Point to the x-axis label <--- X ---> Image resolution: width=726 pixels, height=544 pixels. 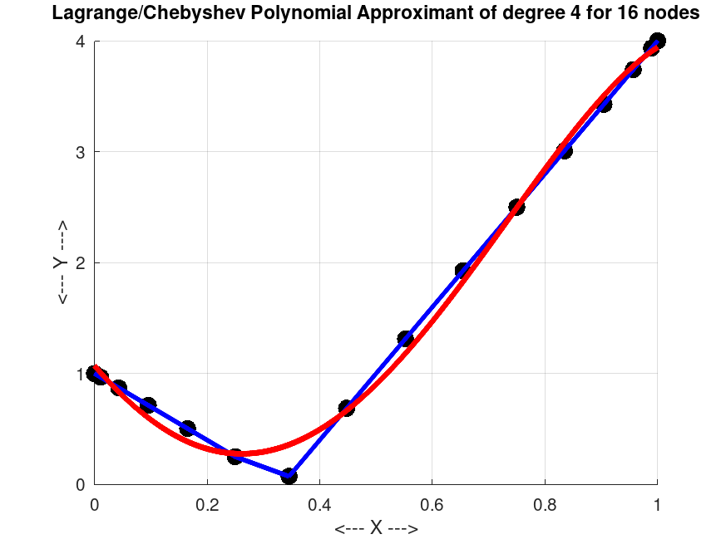point(376,529)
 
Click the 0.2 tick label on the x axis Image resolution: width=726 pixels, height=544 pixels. point(207,504)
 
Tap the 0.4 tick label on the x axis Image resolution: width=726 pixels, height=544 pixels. point(319,504)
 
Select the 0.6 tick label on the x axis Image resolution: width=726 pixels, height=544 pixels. point(432,504)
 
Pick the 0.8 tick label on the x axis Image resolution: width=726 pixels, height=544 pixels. point(545,504)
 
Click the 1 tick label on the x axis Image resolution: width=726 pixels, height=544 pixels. point(657,504)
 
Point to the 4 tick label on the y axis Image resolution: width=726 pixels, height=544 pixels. point(81,42)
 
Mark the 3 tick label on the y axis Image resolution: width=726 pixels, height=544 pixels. point(81,152)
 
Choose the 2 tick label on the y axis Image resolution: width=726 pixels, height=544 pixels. point(81,263)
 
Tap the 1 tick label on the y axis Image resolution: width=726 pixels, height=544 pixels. point(81,374)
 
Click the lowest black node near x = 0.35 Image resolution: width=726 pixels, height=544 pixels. point(289,476)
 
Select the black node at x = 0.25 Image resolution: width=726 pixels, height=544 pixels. point(235,456)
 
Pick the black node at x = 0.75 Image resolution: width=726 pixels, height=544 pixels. point(516,207)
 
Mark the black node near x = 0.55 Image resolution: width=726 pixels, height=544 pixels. point(406,339)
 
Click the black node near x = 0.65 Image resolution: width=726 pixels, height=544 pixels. point(463,271)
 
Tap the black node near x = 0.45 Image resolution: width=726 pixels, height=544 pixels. point(347,408)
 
